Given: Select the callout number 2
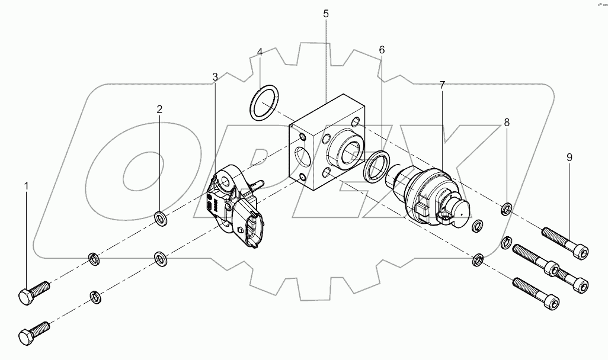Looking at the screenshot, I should (x=159, y=109).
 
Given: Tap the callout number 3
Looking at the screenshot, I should (x=215, y=76).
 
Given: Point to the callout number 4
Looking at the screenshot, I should (x=260, y=53).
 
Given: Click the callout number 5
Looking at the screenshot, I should (x=326, y=13).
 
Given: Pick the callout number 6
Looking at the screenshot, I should (x=382, y=50).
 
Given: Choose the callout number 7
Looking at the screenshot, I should (x=442, y=85).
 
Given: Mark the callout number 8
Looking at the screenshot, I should (x=507, y=123).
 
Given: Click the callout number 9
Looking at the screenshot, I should (x=569, y=157).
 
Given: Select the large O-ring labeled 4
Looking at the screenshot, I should (x=265, y=103).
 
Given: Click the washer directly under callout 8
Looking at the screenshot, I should (x=507, y=208).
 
